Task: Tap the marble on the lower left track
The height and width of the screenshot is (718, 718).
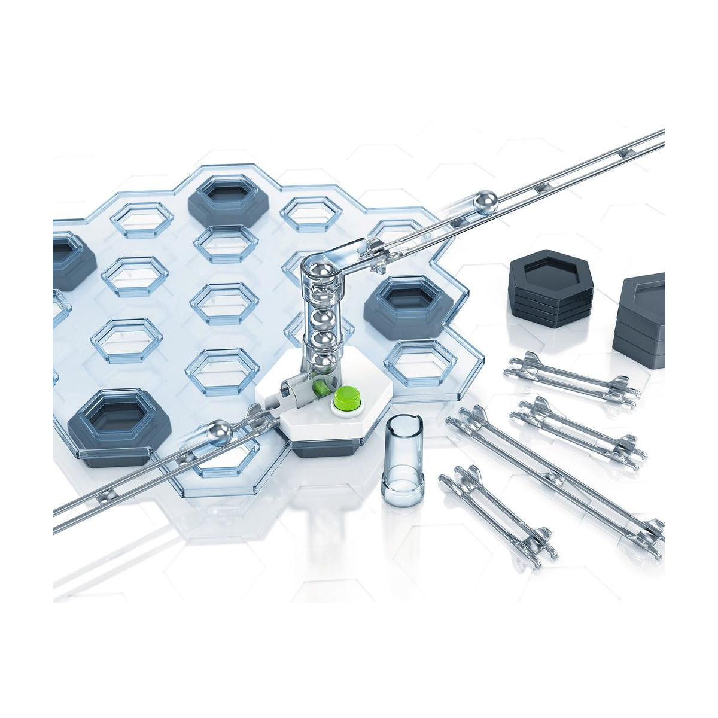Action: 220,431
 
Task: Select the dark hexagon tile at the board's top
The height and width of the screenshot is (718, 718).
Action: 229,200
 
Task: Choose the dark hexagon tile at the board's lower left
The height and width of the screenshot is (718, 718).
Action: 119,422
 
